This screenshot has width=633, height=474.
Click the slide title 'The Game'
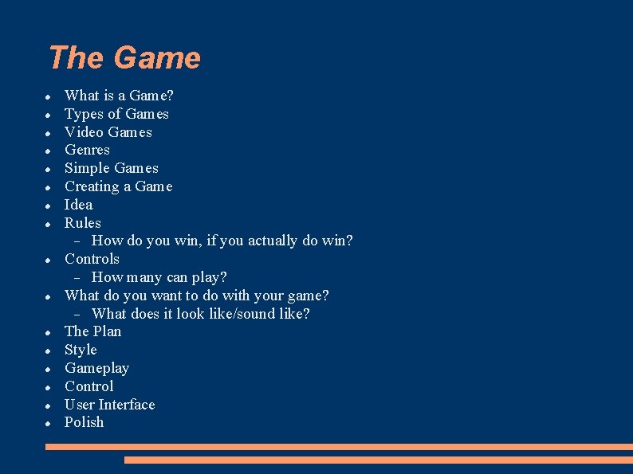(x=124, y=58)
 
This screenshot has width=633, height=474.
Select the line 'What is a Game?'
(x=119, y=96)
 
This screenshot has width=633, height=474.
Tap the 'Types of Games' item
(x=116, y=114)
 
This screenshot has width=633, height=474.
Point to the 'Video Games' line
(x=108, y=132)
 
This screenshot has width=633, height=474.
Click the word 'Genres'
(x=87, y=150)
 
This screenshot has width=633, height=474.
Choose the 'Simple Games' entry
(x=111, y=168)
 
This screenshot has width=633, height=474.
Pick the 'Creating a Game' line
(x=118, y=186)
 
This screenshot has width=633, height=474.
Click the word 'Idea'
(x=78, y=205)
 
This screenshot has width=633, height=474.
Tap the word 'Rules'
(x=82, y=223)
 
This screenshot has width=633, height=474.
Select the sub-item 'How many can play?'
(x=159, y=277)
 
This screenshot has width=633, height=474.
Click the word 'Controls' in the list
(x=92, y=259)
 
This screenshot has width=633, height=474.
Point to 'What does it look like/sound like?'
(x=200, y=314)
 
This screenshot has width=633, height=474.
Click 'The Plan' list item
(x=92, y=331)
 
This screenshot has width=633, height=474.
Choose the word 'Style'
(x=81, y=350)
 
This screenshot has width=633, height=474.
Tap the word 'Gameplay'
(x=96, y=368)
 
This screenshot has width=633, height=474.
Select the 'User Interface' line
(x=109, y=405)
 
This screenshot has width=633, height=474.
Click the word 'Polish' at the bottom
(x=84, y=422)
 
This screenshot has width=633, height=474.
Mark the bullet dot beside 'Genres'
(x=49, y=151)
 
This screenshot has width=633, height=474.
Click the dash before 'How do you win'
(x=77, y=241)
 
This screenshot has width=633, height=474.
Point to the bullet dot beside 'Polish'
(x=49, y=423)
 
